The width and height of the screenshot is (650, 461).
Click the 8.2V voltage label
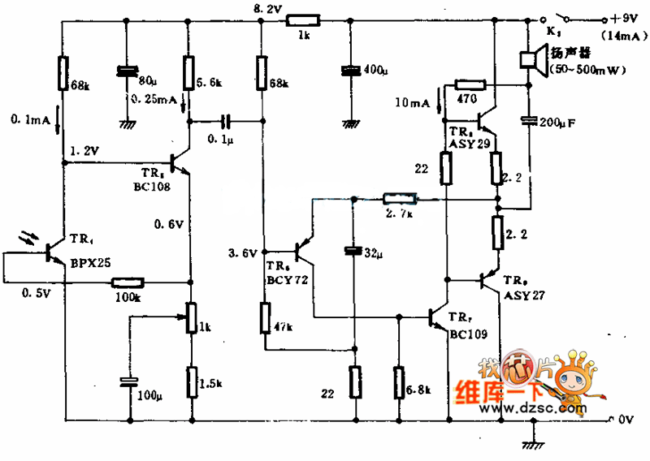click(x=267, y=9)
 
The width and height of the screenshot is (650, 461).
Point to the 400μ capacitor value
click(x=374, y=71)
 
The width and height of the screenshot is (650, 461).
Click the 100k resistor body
click(x=128, y=282)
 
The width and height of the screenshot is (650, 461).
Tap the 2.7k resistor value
click(x=400, y=213)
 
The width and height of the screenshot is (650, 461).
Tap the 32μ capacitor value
click(x=373, y=253)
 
